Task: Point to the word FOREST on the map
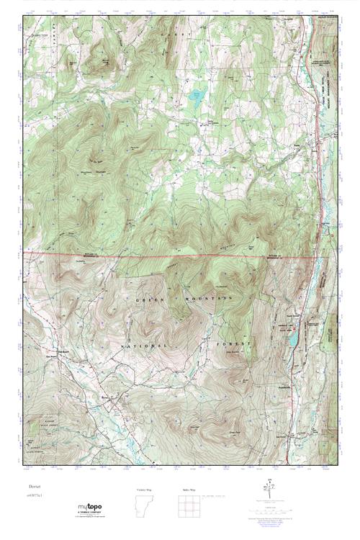233,346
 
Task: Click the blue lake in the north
194,94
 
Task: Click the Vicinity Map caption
145,489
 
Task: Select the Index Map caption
188,489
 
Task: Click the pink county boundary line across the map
173,256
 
